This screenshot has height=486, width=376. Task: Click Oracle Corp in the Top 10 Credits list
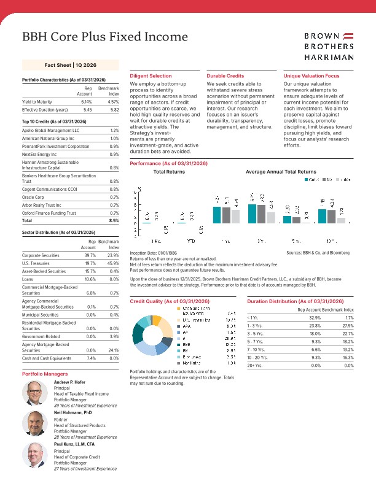point(34,198)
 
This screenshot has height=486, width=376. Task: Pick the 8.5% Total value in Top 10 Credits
point(114,220)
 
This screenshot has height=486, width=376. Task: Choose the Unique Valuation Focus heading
point(311,75)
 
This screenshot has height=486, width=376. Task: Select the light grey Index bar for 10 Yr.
point(342,220)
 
